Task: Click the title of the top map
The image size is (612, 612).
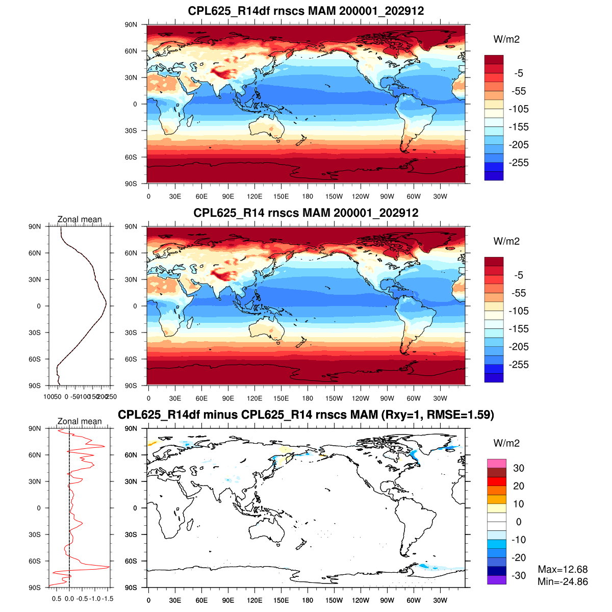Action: [306, 11]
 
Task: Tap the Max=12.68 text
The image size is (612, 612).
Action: [563, 569]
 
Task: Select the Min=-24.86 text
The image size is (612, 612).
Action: [563, 581]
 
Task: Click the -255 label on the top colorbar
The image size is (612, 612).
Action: [518, 163]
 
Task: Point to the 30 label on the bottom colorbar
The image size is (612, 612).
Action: [518, 468]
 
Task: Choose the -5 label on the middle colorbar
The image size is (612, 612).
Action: [518, 275]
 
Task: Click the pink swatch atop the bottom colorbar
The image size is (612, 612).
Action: [496, 464]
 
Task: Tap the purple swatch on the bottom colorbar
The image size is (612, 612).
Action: [496, 580]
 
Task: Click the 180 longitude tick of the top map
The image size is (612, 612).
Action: [308, 196]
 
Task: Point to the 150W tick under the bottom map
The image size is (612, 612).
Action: [334, 600]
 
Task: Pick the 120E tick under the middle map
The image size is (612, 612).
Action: [254, 398]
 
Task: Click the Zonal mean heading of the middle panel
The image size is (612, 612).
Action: [80, 219]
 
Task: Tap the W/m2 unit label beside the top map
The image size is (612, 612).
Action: [506, 39]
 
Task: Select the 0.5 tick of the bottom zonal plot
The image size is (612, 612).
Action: [57, 599]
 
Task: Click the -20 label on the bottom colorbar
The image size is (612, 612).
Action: [518, 557]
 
